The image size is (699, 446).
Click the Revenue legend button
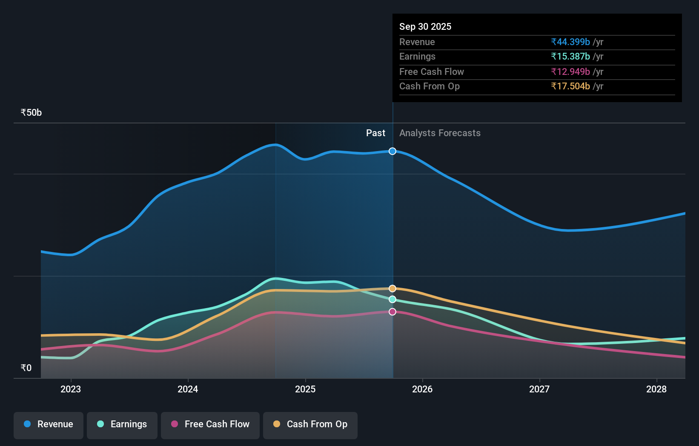(x=49, y=424)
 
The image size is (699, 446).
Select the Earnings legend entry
(x=122, y=424)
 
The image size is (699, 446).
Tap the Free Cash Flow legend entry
(x=210, y=424)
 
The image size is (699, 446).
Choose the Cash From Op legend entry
(x=310, y=424)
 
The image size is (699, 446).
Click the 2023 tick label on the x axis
(x=71, y=389)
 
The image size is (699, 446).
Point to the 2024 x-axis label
(x=188, y=389)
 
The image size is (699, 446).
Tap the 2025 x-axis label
(x=305, y=389)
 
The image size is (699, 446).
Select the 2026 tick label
(x=422, y=389)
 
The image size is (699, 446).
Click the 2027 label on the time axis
(x=539, y=389)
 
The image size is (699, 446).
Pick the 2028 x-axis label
(x=656, y=389)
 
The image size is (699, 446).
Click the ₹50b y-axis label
(x=31, y=113)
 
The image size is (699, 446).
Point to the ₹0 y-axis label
(x=26, y=368)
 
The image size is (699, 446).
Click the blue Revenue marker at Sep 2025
(x=392, y=151)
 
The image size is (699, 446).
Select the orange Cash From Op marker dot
(x=392, y=289)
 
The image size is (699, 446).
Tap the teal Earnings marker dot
(x=392, y=299)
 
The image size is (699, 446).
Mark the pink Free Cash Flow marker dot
(x=392, y=312)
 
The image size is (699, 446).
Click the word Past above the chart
(x=375, y=133)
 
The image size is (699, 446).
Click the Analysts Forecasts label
(x=440, y=133)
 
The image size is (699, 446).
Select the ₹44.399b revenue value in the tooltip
(x=570, y=42)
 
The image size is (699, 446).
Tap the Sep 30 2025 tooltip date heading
(x=425, y=26)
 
